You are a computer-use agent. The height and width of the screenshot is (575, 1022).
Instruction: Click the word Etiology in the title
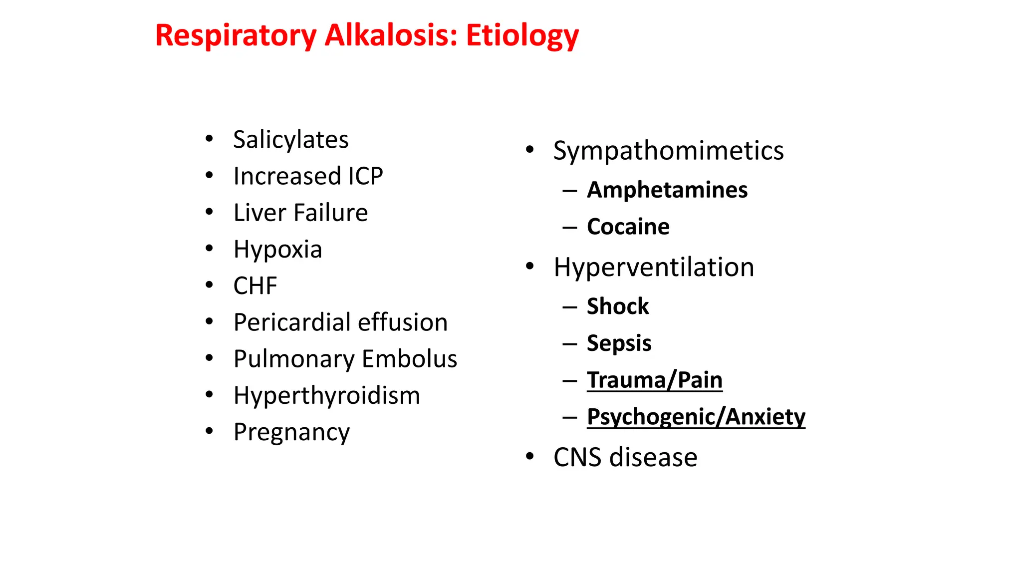pos(522,36)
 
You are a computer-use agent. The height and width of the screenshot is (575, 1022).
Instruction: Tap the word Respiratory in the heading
pos(236,36)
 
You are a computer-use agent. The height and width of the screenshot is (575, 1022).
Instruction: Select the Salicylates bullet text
pos(290,140)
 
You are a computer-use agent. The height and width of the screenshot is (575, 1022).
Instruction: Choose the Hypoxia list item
pos(277,250)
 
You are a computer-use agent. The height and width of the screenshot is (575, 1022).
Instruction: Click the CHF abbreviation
pos(255,286)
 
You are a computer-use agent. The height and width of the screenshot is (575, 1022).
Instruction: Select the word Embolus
pos(409,359)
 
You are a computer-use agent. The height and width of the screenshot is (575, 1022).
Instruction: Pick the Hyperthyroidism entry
pos(326,396)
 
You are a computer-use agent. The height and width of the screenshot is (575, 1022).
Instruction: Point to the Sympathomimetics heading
pos(668,151)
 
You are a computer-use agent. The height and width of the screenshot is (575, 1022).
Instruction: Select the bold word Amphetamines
pos(667,190)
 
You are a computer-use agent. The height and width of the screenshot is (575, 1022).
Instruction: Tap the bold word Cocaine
pos(628,227)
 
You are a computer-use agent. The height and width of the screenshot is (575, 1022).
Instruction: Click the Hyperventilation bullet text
pos(654,268)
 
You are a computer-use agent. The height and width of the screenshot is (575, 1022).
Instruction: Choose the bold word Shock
pos(618,306)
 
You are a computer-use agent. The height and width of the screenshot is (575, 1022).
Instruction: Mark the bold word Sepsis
pos(619,343)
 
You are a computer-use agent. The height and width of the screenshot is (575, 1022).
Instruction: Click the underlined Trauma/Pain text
pos(654,380)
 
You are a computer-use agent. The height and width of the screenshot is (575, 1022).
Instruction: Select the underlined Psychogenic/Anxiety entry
pos(696,417)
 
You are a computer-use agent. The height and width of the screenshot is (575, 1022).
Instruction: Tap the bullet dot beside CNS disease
pos(530,456)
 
